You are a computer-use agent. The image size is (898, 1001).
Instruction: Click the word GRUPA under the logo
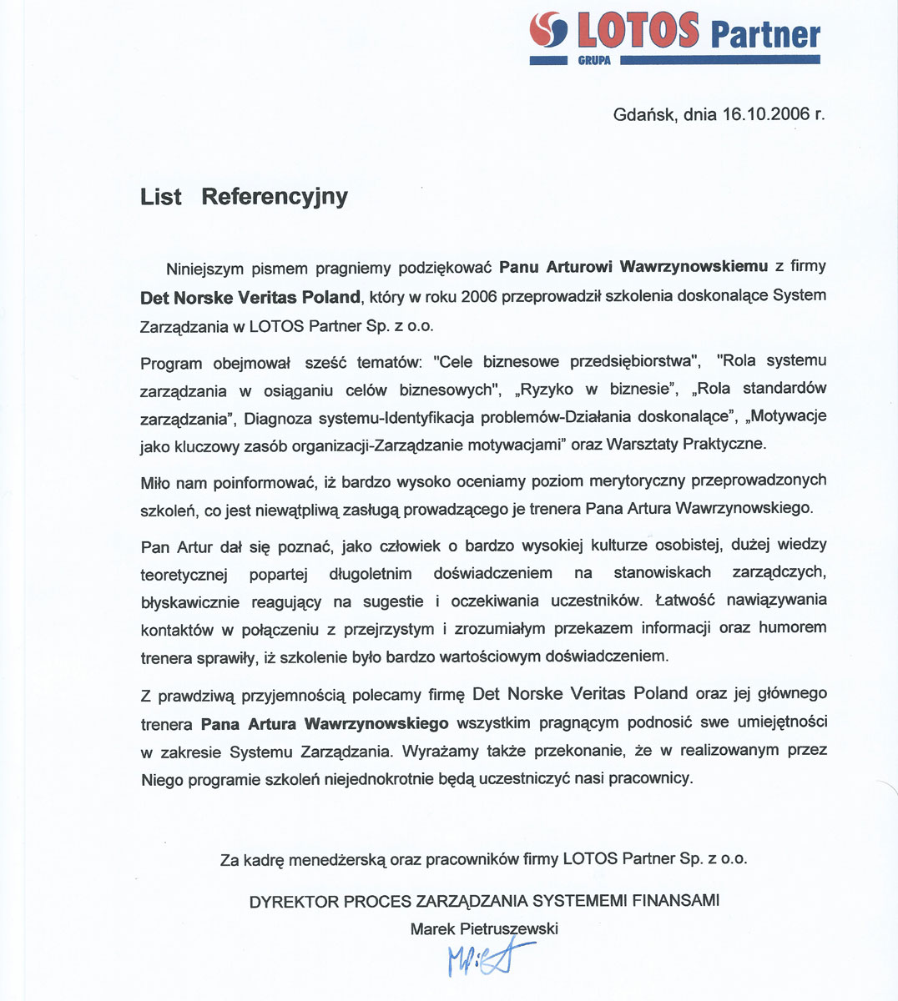coord(594,61)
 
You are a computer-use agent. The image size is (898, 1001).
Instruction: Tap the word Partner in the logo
coord(765,34)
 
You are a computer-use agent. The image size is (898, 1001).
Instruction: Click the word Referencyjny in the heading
coord(275,197)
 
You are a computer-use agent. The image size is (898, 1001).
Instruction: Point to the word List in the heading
coord(161,197)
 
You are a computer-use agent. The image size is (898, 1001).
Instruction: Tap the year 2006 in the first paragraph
coord(478,296)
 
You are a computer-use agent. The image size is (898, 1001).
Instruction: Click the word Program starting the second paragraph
coord(171,363)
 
